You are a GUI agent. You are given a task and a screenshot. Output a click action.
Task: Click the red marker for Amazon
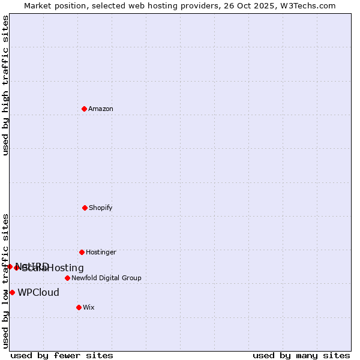tap(85, 109)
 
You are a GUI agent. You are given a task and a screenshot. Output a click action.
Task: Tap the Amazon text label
tap(101, 109)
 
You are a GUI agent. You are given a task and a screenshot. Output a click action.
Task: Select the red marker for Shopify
tap(85, 208)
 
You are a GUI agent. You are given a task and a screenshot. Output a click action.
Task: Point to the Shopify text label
tap(101, 208)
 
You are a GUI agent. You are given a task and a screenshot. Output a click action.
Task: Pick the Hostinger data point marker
tap(82, 252)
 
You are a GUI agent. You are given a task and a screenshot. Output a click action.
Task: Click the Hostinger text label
tap(101, 252)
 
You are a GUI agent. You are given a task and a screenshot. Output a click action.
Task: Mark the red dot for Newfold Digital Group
tap(67, 278)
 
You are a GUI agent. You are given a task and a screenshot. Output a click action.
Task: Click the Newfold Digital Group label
tap(106, 278)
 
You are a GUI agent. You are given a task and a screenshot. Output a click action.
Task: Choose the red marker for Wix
tap(79, 307)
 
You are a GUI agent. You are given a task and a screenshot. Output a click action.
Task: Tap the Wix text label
tap(89, 307)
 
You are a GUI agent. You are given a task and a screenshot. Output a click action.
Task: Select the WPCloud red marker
tap(12, 292)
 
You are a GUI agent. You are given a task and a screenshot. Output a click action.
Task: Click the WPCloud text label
tap(38, 293)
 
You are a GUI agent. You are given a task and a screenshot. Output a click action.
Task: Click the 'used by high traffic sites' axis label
tap(5, 86)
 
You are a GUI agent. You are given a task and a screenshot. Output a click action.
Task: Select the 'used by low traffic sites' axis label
tap(5, 280)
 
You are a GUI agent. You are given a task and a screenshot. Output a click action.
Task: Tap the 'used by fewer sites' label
tap(62, 355)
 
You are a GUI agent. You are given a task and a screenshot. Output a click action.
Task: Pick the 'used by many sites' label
tap(301, 355)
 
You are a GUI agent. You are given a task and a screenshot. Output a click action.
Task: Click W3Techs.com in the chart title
tap(306, 5)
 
